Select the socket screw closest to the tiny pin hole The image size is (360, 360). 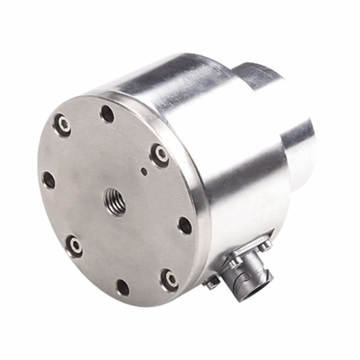tap(160, 155)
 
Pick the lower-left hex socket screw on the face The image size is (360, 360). tap(74, 246)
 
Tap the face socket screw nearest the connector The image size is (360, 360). tap(170, 280)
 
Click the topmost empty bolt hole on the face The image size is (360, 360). tap(107, 114)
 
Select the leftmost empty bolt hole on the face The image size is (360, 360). tap(49, 180)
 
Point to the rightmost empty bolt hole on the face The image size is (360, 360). tap(185, 225)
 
